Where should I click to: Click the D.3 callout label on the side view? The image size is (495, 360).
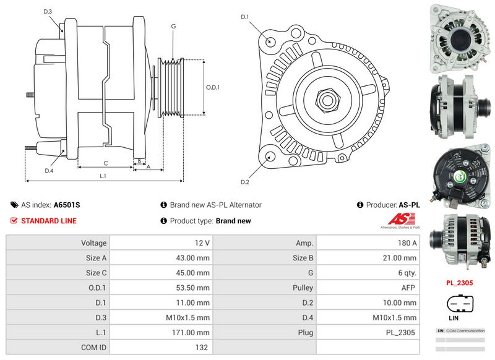(48, 12)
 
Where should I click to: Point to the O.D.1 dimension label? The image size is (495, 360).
(213, 87)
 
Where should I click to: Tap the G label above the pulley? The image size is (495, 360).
(174, 26)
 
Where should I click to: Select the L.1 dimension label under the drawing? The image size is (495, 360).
(103, 176)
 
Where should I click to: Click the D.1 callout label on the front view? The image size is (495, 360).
(244, 17)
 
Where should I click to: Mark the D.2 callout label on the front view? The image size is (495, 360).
(244, 182)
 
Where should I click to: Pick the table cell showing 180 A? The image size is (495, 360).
(368, 243)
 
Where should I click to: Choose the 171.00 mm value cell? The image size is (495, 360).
(160, 332)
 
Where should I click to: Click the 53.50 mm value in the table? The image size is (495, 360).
(160, 288)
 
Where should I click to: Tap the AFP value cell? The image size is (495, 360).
(368, 288)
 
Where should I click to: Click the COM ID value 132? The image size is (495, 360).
(160, 347)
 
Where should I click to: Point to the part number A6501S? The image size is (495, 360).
(66, 205)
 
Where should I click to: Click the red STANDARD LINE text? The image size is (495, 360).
(49, 221)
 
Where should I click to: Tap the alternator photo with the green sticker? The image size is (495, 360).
(459, 175)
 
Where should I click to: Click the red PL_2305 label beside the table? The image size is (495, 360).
(459, 283)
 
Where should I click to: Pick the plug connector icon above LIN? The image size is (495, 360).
(459, 304)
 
